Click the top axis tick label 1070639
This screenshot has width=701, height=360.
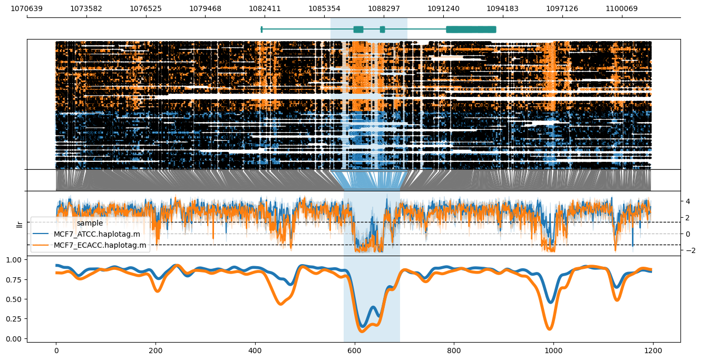point(27,8)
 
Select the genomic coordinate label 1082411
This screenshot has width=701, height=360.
point(265,8)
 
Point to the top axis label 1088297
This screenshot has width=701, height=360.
point(384,8)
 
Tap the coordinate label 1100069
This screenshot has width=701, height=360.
point(621,8)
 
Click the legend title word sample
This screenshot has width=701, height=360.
point(90,223)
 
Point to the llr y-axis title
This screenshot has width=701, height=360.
point(20,225)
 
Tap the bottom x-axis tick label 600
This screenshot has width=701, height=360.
point(355,349)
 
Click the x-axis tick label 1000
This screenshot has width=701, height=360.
point(553,349)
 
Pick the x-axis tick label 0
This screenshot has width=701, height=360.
point(56,349)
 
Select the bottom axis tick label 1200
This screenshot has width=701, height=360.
point(653,349)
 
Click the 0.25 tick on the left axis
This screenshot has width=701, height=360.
point(16,319)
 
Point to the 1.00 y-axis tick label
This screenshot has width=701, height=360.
point(16,260)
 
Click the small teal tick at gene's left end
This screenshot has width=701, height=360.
point(261,30)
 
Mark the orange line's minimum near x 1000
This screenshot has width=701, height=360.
point(551,329)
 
